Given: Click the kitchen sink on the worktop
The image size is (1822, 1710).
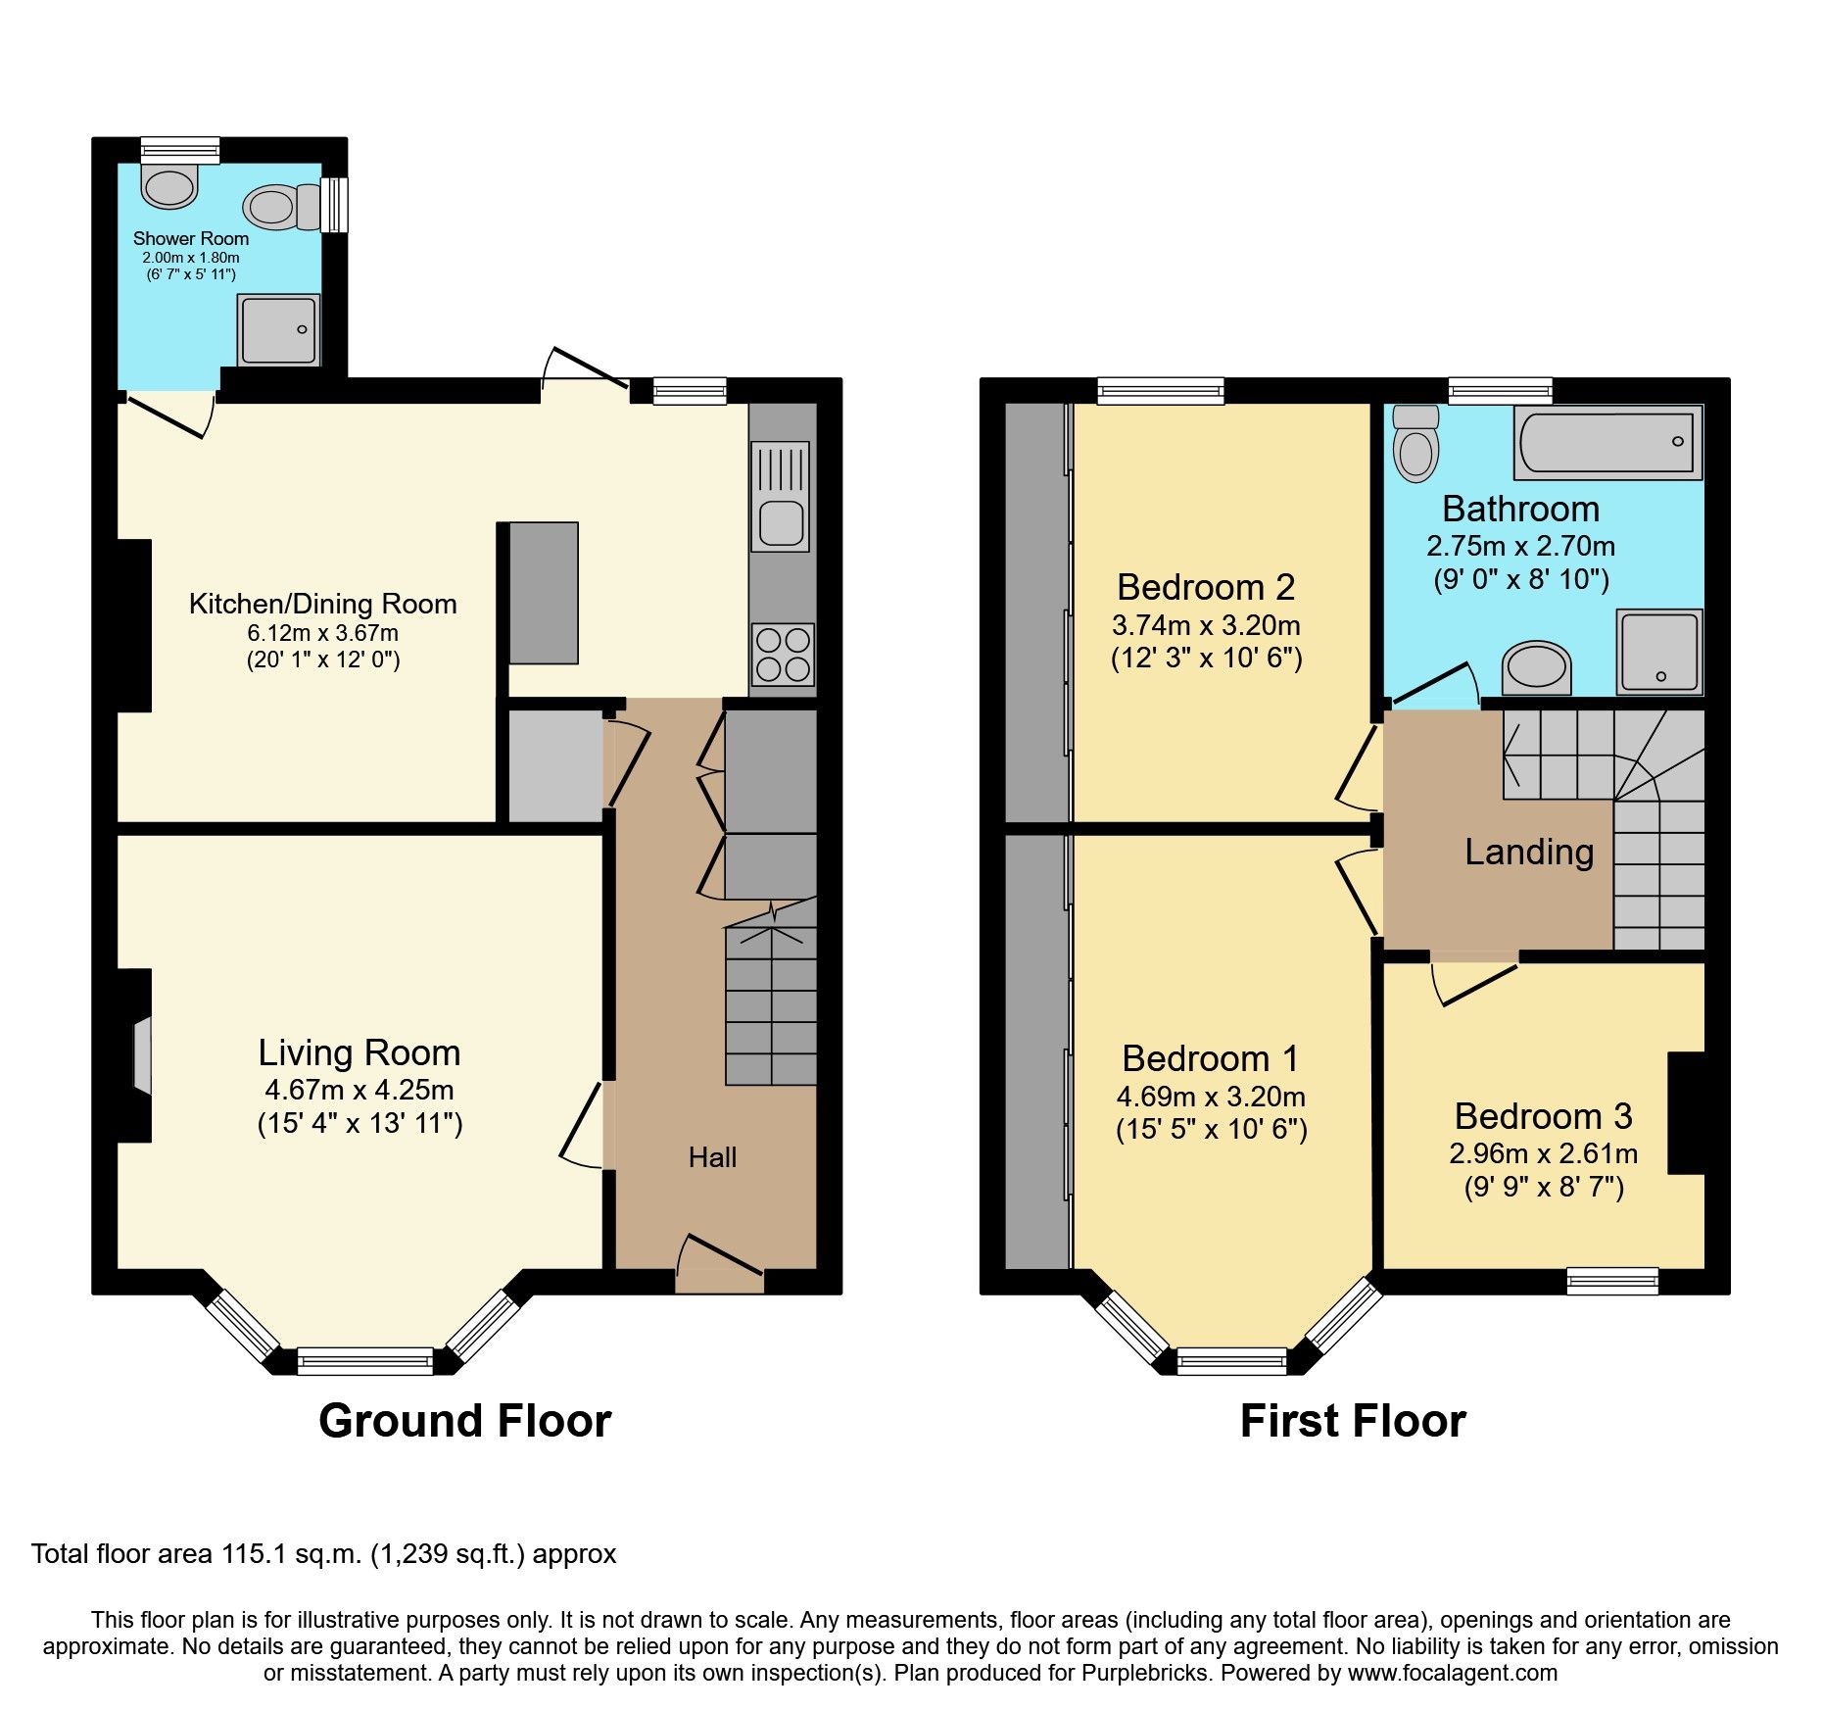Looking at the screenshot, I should click(x=781, y=520).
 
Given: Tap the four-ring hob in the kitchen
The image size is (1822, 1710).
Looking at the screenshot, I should click(x=783, y=655).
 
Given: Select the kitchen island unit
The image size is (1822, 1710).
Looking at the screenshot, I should click(x=543, y=593).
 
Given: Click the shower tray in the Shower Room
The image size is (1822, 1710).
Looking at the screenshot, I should click(x=279, y=330).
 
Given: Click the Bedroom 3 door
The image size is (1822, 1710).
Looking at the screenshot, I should click(x=1475, y=983).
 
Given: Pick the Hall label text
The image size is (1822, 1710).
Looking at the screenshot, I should click(x=712, y=1157).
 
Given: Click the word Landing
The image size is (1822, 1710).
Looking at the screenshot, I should click(x=1528, y=852).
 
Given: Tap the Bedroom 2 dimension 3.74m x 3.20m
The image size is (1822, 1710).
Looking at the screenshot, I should click(x=1206, y=625).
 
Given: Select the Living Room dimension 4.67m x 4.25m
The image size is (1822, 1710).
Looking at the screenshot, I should click(x=359, y=1090).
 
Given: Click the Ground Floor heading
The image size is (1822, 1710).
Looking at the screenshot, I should click(x=464, y=1421).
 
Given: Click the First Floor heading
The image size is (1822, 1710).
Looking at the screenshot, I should click(x=1353, y=1421).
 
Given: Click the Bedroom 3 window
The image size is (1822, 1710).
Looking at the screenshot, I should click(x=1611, y=1281).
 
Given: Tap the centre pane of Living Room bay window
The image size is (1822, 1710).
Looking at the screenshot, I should click(x=364, y=1361).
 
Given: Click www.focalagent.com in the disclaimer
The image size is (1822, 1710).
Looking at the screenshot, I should click(x=1453, y=1673).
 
